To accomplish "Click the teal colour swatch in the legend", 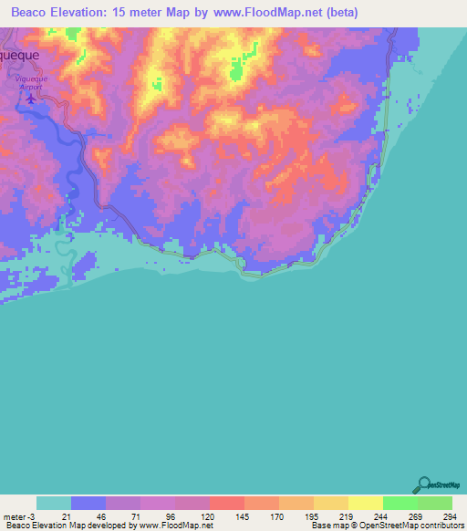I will [x=54, y=503].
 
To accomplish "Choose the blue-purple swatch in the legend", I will [x=88, y=503].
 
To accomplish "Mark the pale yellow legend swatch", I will [x=366, y=503].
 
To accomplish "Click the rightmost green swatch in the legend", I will [x=435, y=503].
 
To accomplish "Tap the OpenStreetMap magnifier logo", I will [x=423, y=484].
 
